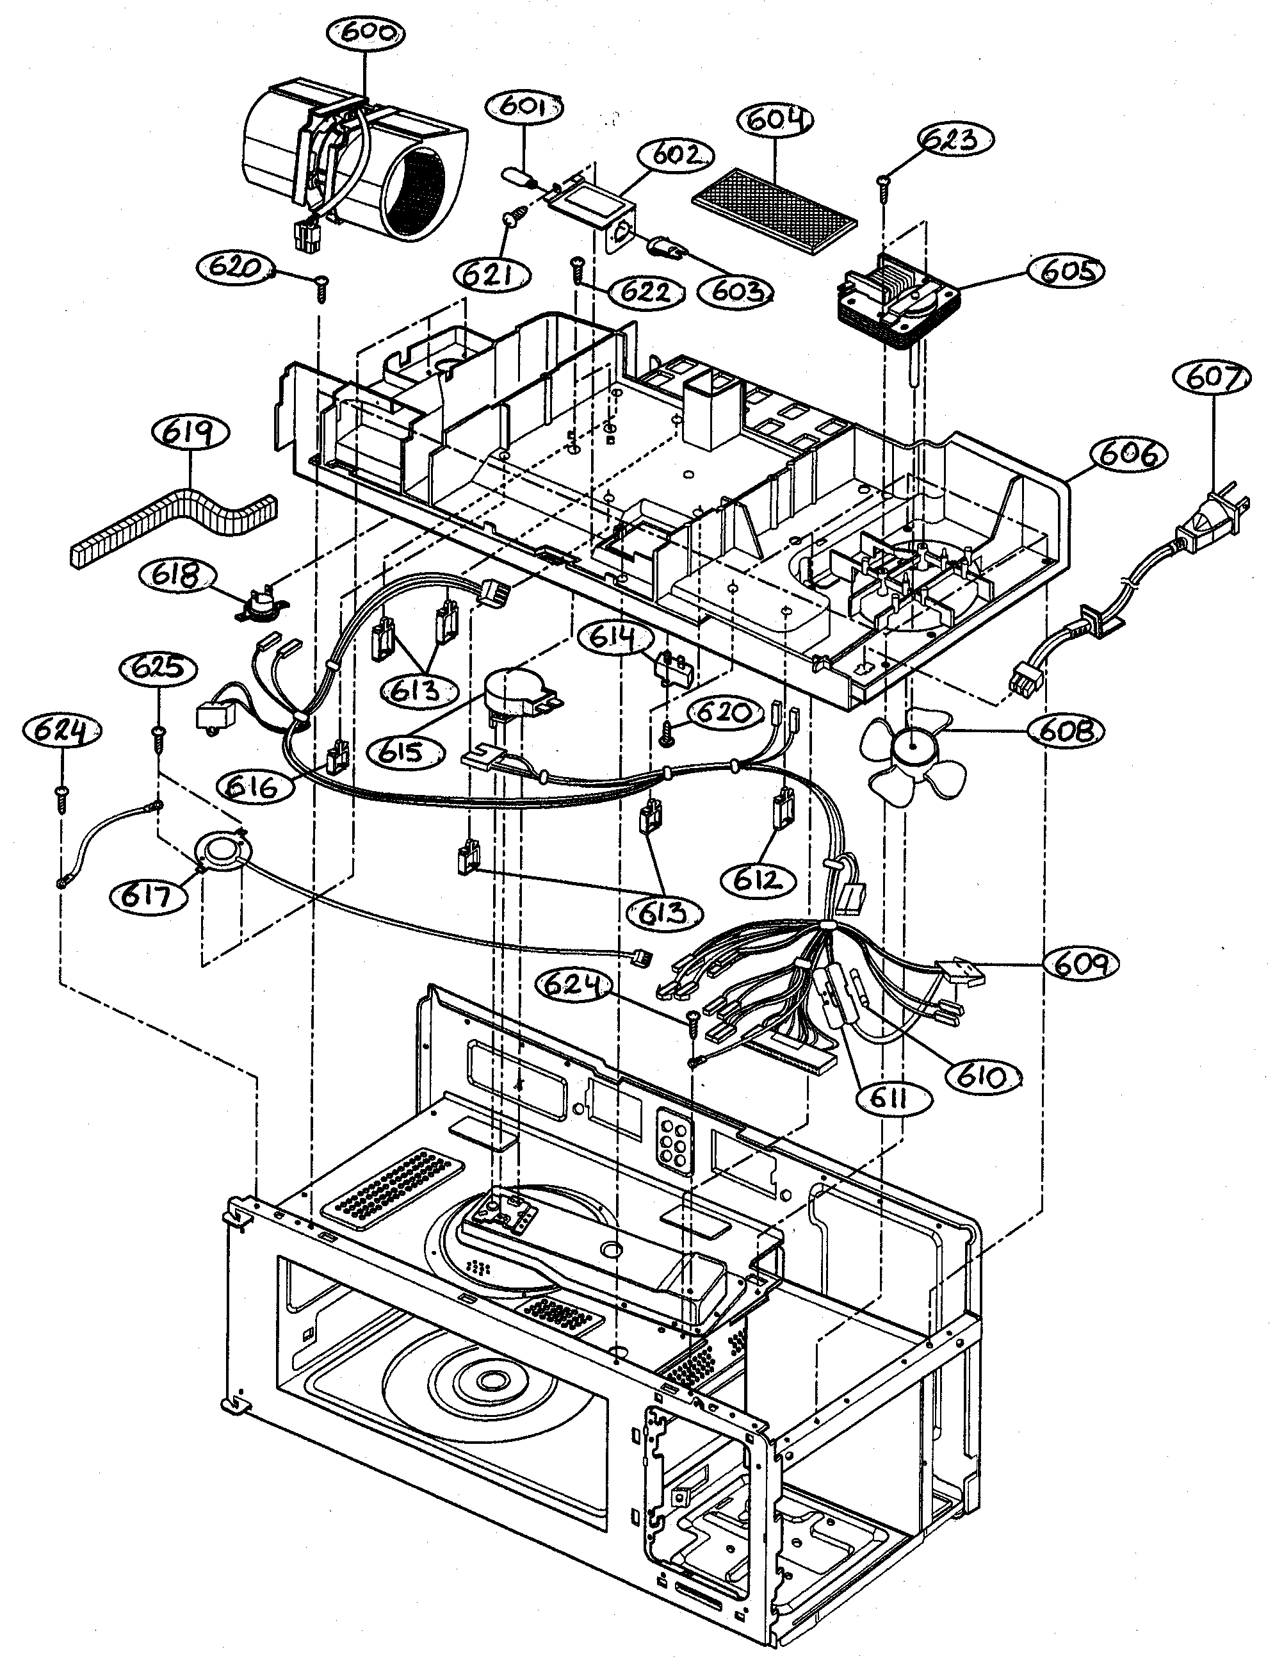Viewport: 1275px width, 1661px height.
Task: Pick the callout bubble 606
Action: [1128, 455]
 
